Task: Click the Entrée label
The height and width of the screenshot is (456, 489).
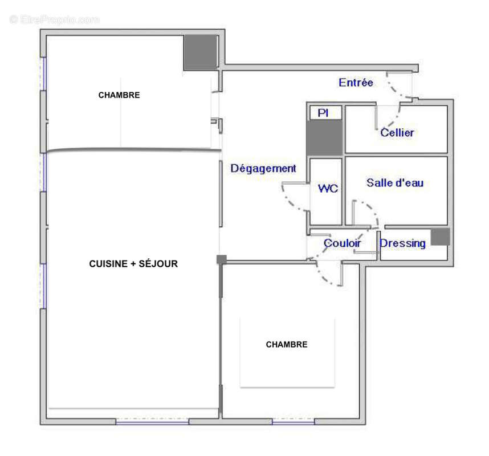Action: pyautogui.click(x=356, y=83)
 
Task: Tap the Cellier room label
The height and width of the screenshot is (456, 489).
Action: pyautogui.click(x=397, y=133)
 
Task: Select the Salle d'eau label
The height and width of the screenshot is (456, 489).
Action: pyautogui.click(x=395, y=183)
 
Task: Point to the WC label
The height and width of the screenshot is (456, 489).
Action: pyautogui.click(x=328, y=188)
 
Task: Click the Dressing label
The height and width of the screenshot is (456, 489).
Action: pyautogui.click(x=403, y=243)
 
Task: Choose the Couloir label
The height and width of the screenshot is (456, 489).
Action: pyautogui.click(x=342, y=243)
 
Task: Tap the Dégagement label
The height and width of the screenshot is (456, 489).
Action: pyautogui.click(x=263, y=168)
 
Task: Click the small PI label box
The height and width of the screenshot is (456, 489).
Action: pyautogui.click(x=323, y=113)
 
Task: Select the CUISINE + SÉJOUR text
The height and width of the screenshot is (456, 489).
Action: pyautogui.click(x=133, y=264)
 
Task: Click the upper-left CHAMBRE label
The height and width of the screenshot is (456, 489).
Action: pyautogui.click(x=119, y=95)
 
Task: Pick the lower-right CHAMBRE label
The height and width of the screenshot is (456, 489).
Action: pyautogui.click(x=287, y=344)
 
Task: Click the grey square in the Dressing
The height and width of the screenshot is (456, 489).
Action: pyautogui.click(x=440, y=237)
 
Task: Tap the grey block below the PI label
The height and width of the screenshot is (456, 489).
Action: pyautogui.click(x=325, y=138)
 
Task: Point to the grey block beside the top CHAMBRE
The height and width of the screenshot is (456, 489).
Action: pyautogui.click(x=201, y=52)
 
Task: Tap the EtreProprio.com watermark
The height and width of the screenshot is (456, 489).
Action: pyautogui.click(x=55, y=19)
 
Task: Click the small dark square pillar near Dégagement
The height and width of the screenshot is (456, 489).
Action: pyautogui.click(x=222, y=259)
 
